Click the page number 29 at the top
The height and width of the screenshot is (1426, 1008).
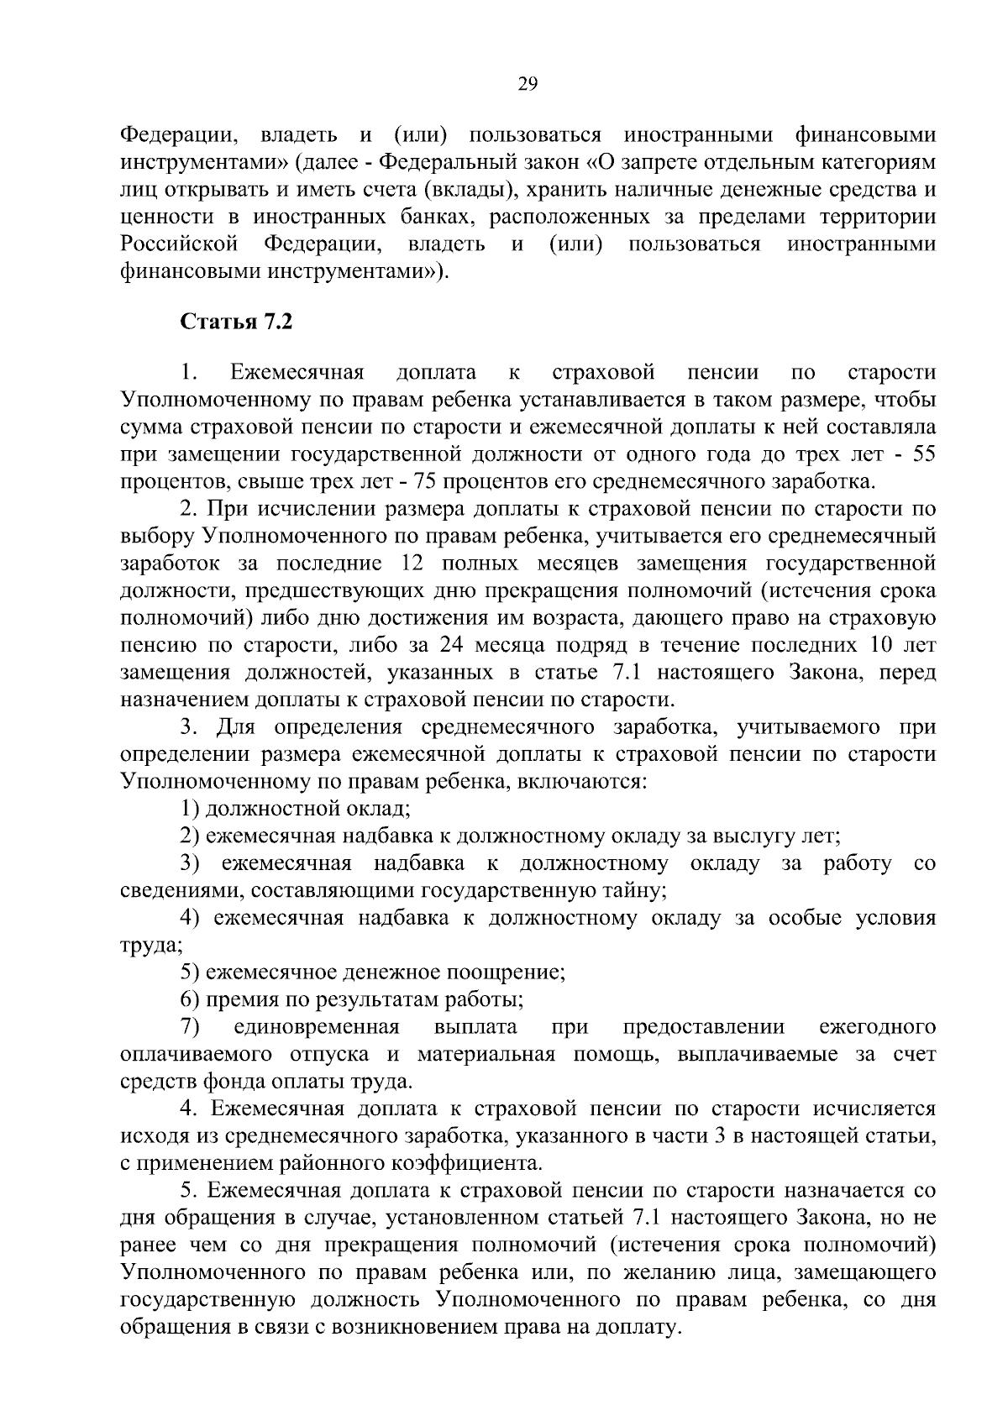coord(528,84)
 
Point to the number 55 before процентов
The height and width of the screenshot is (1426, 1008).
coord(924,455)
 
